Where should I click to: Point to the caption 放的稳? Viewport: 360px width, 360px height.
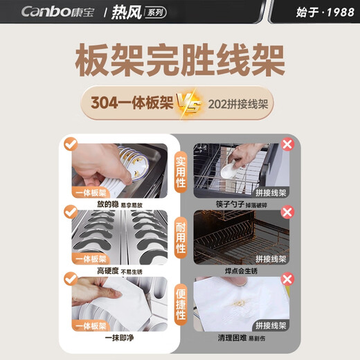click(109, 205)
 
